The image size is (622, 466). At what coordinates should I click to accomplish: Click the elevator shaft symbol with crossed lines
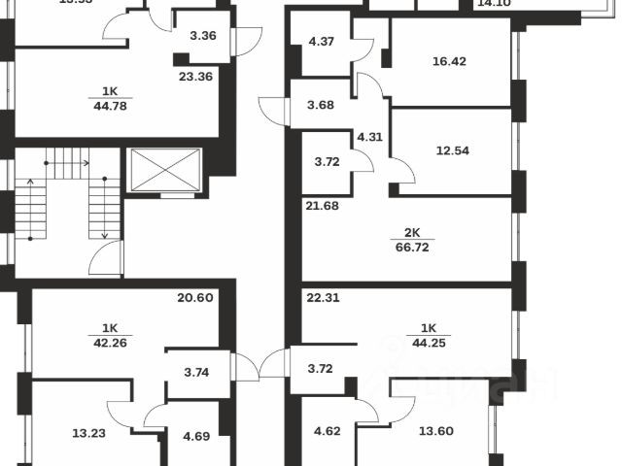click(x=164, y=171)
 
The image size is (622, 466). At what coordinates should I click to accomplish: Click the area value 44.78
click(x=110, y=106)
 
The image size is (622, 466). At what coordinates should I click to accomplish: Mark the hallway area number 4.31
click(x=369, y=136)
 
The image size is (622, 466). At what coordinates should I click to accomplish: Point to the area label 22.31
click(x=322, y=298)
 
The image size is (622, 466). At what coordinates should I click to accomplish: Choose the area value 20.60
click(x=194, y=298)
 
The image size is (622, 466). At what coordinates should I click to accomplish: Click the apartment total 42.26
click(x=110, y=342)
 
